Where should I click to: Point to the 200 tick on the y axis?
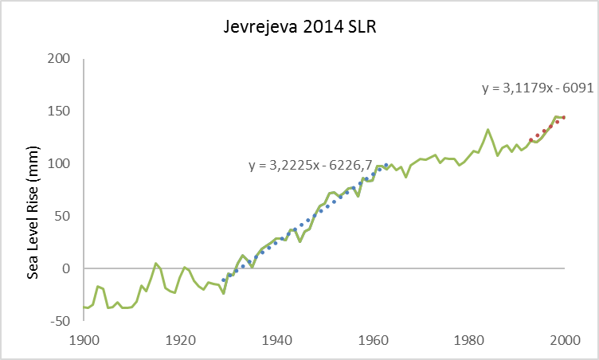tap(59, 59)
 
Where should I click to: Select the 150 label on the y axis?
tap(59, 112)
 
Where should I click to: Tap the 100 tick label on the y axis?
tap(59, 164)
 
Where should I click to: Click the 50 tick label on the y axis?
tap(62, 217)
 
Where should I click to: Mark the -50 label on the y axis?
tap(61, 321)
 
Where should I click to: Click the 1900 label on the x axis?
tap(85, 338)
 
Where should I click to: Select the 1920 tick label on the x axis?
tap(182, 338)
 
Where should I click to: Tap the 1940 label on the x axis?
tap(277, 338)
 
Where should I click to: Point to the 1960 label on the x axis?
tap(374, 338)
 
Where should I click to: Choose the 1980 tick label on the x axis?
tap(470, 338)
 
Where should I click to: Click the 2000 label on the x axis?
tap(566, 338)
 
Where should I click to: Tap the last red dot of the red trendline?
tap(564, 117)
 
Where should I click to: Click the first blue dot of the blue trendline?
tap(223, 280)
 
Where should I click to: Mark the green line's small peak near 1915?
tap(156, 263)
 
